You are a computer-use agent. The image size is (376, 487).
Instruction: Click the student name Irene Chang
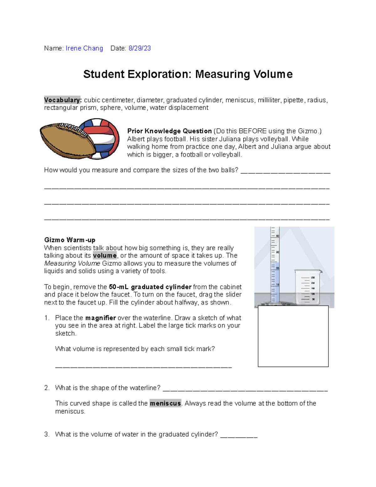[84, 48]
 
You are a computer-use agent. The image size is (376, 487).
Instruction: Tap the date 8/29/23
[140, 48]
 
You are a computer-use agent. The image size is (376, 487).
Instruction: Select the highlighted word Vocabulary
[63, 100]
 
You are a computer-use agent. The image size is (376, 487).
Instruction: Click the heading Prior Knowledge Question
[169, 131]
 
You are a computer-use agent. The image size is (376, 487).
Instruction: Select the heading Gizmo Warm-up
[70, 240]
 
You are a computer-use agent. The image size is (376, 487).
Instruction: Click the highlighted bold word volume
[105, 256]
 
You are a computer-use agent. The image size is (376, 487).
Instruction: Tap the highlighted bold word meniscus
[165, 403]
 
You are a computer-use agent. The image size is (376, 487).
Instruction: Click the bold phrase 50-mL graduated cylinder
[150, 287]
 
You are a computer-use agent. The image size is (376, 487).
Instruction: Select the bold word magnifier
[100, 318]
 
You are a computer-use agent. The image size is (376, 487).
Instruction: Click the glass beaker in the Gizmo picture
[307, 287]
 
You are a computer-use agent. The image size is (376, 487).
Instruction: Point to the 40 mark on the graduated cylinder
[277, 236]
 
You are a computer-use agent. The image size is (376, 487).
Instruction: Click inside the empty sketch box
[293, 336]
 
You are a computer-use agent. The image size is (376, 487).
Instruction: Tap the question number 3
[47, 434]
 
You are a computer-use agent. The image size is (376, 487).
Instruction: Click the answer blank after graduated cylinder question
[239, 435]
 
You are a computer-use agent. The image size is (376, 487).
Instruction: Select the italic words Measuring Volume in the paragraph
[72, 263]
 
